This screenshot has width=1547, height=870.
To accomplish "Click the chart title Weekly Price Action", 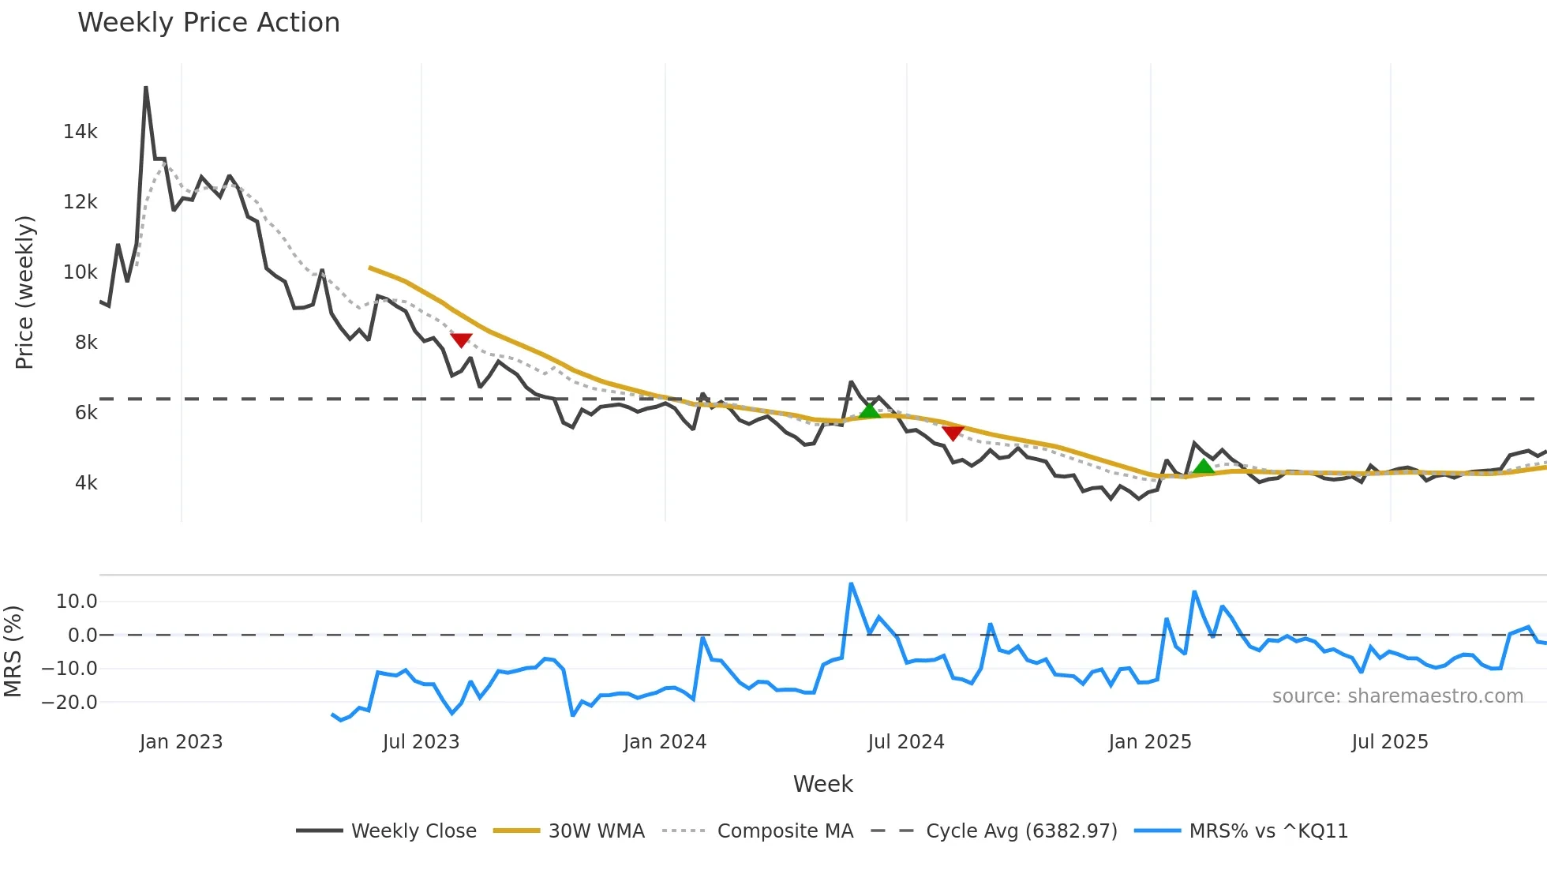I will click(208, 23).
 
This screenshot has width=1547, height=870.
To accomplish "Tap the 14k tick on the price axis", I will click(80, 132).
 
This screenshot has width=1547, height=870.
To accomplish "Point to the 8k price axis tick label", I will click(86, 343).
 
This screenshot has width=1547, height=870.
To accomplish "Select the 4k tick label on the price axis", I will click(86, 483).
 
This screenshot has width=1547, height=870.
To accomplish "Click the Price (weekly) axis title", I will click(25, 292).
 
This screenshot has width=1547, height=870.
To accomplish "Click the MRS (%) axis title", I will click(13, 651).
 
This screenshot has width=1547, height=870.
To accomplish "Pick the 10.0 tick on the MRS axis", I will click(77, 602).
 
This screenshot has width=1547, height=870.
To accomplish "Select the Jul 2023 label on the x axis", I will click(421, 742).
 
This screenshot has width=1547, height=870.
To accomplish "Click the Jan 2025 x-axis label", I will click(1149, 742).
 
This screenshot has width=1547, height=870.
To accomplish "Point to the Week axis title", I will click(822, 784).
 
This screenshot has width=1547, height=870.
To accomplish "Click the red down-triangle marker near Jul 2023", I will click(461, 340).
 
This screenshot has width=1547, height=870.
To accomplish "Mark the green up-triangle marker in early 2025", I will click(1204, 467).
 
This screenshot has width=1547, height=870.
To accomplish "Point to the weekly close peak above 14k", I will click(146, 88).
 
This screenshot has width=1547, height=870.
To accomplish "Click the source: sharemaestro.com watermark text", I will click(1397, 696).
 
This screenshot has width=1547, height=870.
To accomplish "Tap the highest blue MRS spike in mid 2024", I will click(851, 584).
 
